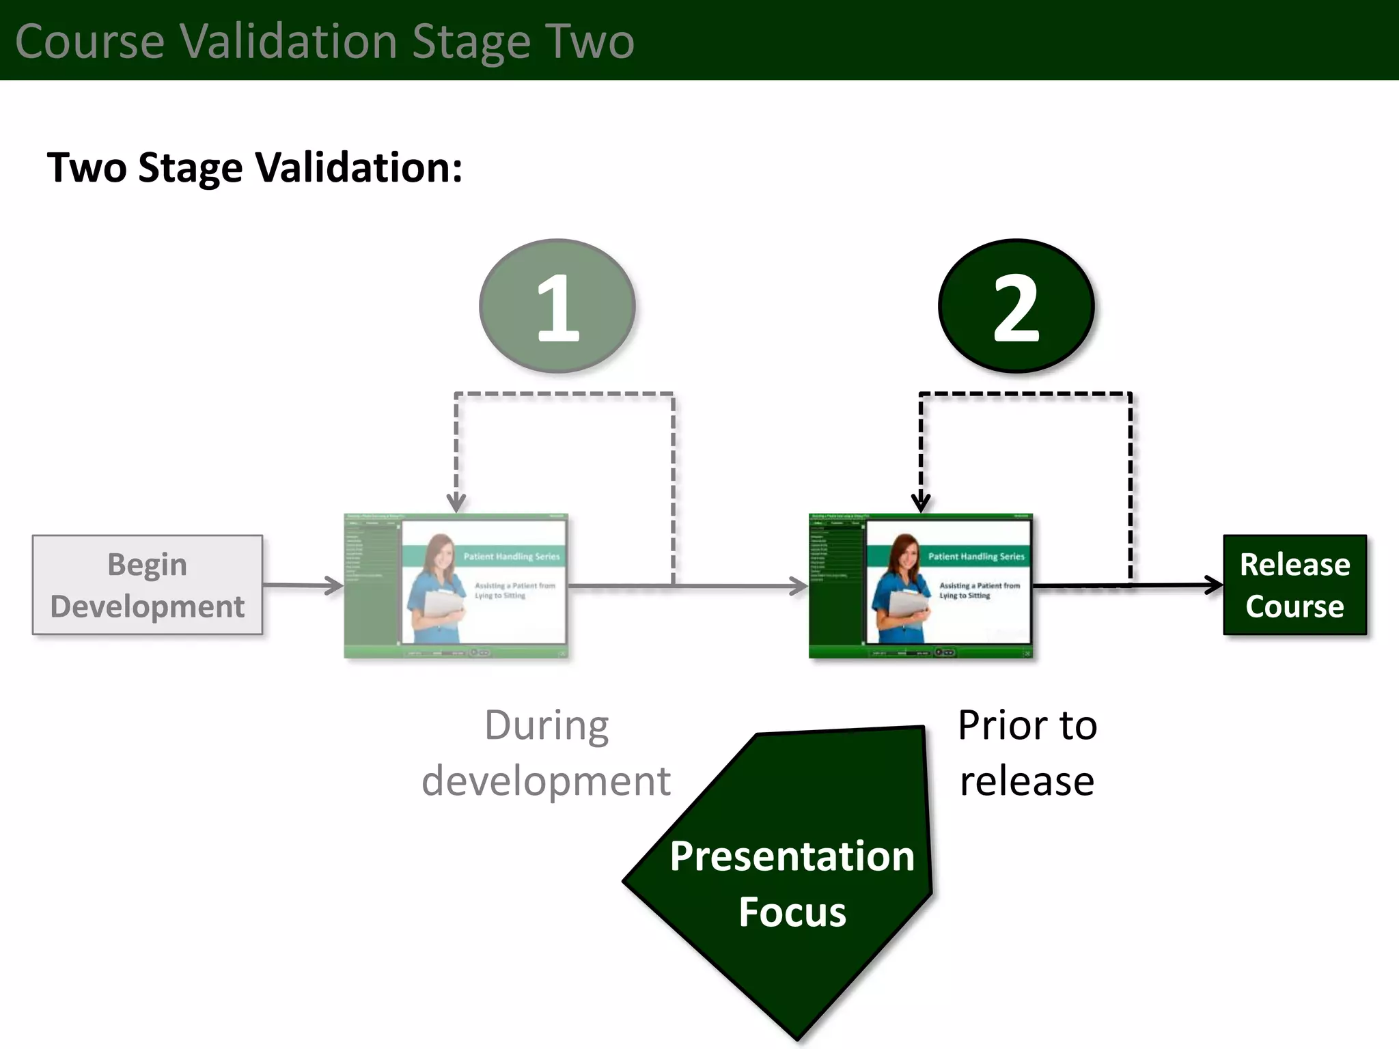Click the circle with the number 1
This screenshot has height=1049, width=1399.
click(x=557, y=306)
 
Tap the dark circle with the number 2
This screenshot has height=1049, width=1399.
click(x=1016, y=306)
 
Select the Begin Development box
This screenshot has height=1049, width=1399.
click(x=147, y=585)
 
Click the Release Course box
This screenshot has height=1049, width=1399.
click(x=1294, y=585)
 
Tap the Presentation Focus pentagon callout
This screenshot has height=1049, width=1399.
click(x=786, y=881)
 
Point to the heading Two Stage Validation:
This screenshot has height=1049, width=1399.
click(x=254, y=167)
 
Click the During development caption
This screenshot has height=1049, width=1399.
click(x=546, y=753)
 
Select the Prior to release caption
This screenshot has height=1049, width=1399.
click(x=1027, y=753)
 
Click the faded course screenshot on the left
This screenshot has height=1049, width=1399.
click(x=456, y=586)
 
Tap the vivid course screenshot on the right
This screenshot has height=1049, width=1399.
click(x=921, y=586)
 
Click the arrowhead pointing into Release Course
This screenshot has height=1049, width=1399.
click(x=1215, y=585)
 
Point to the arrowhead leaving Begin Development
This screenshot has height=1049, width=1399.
click(x=335, y=585)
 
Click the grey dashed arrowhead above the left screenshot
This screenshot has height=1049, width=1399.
click(x=456, y=504)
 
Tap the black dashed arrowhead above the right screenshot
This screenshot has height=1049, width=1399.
click(x=921, y=504)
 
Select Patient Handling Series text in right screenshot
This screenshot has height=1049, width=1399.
click(x=976, y=557)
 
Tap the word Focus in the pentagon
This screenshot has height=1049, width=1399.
click(x=792, y=912)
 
